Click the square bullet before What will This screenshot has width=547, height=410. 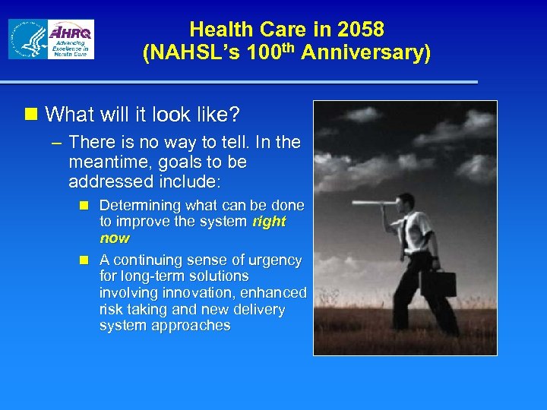31,115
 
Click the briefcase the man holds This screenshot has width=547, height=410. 438,283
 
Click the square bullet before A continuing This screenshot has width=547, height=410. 85,260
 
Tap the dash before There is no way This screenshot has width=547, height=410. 56,143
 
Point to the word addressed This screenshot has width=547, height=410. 111,181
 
